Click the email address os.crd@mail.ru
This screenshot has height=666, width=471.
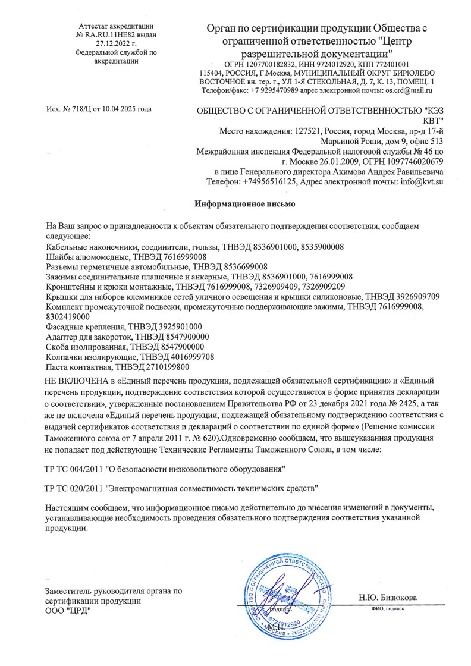pyautogui.click(x=408, y=90)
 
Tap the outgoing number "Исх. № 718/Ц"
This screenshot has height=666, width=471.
pyautogui.click(x=70, y=109)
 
